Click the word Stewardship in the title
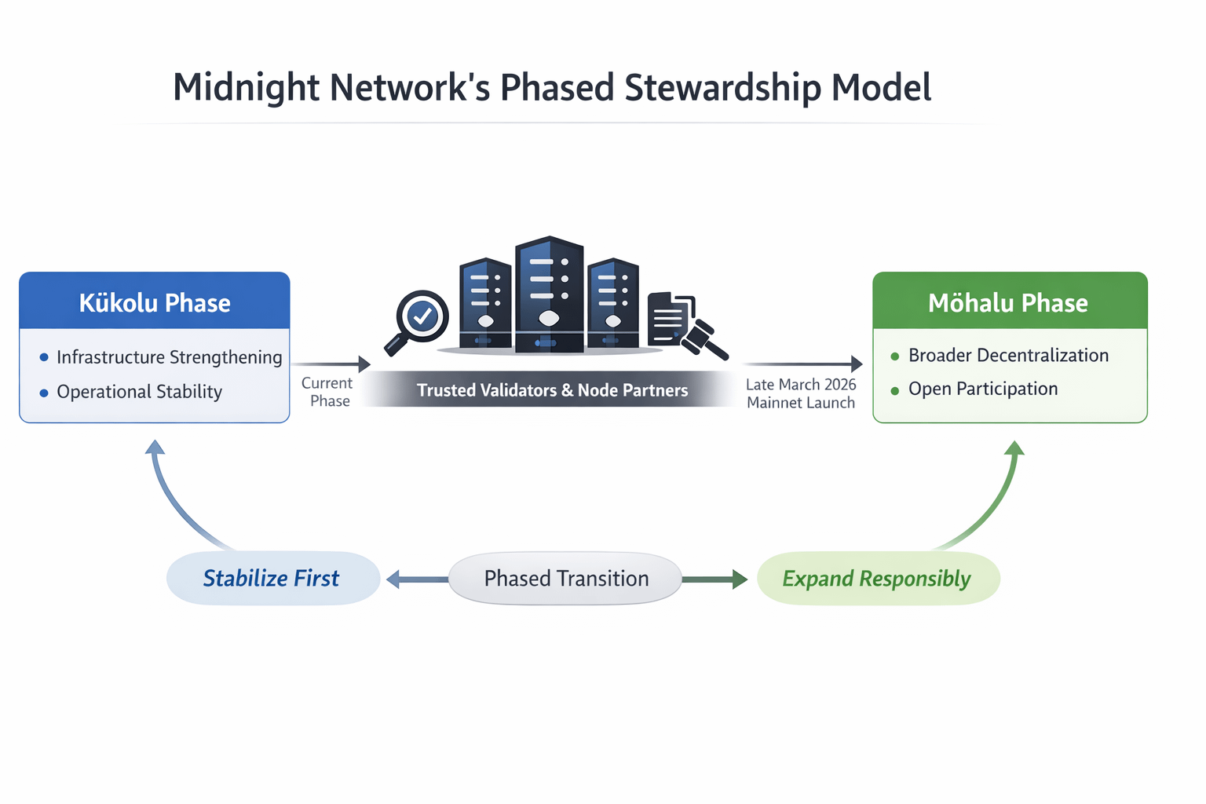pos(723,88)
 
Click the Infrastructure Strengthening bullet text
pos(169,357)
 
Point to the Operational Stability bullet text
pos(140,392)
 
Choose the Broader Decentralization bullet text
pos(1008,356)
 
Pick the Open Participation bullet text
pos(983,389)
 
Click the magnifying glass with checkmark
pos(416,322)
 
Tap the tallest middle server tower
pos(549,294)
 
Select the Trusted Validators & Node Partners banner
pos(553,389)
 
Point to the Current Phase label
pos(327,392)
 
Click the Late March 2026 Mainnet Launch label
pos(801,393)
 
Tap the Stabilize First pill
pos(273,579)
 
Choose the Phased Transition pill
pos(565,579)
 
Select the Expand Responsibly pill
pos(879,579)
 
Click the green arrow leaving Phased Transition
pos(715,579)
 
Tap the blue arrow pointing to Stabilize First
pos(417,579)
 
